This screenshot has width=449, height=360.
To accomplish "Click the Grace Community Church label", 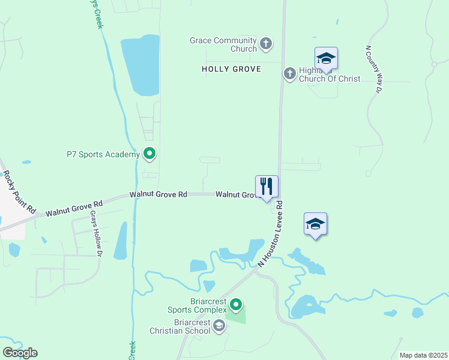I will pyautogui.click(x=223, y=44).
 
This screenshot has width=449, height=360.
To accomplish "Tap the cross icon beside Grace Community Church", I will pyautogui.click(x=266, y=44).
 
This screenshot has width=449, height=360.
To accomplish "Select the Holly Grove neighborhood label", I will pyautogui.click(x=231, y=70).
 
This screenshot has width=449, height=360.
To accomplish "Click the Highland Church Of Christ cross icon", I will pyautogui.click(x=289, y=73).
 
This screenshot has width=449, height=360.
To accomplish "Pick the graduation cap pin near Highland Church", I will pyautogui.click(x=326, y=58).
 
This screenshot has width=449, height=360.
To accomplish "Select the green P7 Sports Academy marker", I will pyautogui.click(x=149, y=154).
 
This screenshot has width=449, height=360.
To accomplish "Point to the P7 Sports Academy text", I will pyautogui.click(x=103, y=154).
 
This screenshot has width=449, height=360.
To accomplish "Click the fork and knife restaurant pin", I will pyautogui.click(x=267, y=187).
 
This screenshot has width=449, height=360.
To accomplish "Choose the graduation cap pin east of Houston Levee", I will pyautogui.click(x=315, y=224).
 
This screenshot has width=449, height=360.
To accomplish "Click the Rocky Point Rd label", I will pyautogui.click(x=19, y=193).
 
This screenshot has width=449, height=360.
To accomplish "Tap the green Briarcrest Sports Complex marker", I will pyautogui.click(x=236, y=305).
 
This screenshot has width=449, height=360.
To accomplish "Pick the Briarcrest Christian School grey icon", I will pyautogui.click(x=219, y=326).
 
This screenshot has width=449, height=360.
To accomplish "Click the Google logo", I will pyautogui.click(x=20, y=353).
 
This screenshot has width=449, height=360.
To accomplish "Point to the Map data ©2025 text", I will pyautogui.click(x=423, y=355).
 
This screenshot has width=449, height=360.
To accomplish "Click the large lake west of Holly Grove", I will pyautogui.click(x=140, y=65).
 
